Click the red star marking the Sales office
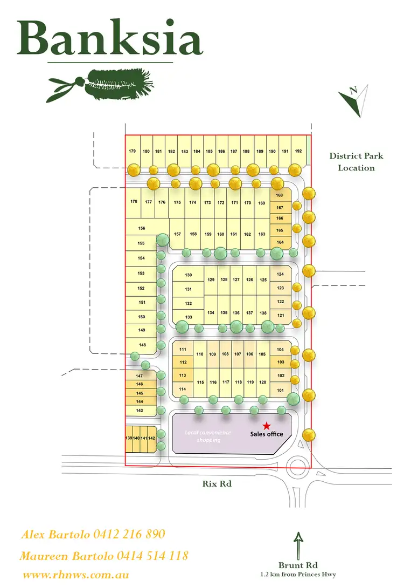click(266, 426)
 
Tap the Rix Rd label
click(219, 484)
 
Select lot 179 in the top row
click(133, 152)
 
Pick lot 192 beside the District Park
click(298, 152)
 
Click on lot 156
click(142, 229)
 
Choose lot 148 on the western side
click(142, 345)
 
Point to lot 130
click(188, 275)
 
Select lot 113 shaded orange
click(183, 376)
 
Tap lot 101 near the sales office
click(280, 390)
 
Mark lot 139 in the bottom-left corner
click(129, 438)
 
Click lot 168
click(280, 195)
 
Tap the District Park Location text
click(356, 162)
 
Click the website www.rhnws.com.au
click(76, 575)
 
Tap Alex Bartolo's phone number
click(129, 535)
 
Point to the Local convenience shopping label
click(208, 436)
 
